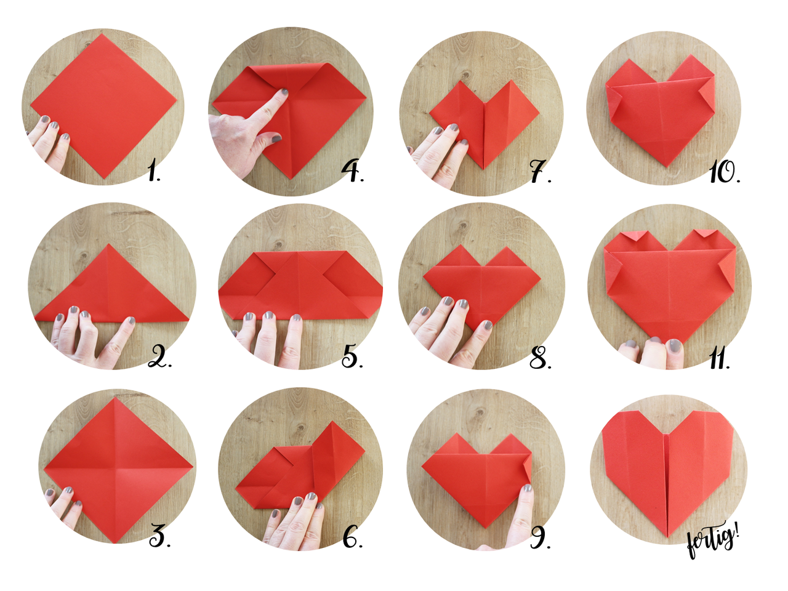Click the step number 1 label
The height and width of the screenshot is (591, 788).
(154, 171)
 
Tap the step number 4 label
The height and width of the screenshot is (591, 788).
(353, 171)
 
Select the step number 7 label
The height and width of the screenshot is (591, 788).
(540, 172)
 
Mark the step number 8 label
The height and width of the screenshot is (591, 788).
(540, 357)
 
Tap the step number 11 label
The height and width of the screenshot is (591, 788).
(719, 358)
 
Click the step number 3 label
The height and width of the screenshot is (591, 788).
(159, 537)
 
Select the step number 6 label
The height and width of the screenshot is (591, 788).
(352, 537)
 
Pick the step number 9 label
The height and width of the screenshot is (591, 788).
(540, 537)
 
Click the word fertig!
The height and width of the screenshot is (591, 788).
(712, 541)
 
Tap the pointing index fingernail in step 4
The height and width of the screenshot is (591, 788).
(284, 94)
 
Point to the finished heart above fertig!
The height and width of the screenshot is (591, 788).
(668, 468)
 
